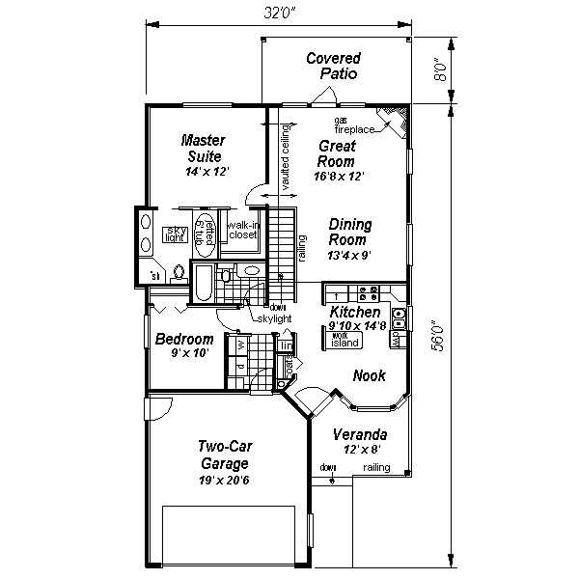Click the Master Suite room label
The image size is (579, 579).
pyautogui.click(x=204, y=148)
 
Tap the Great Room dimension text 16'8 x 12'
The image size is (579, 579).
pyautogui.click(x=337, y=178)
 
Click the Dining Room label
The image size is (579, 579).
pyautogui.click(x=348, y=232)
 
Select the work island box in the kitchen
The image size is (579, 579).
pyautogui.click(x=345, y=340)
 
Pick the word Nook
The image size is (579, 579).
pyautogui.click(x=370, y=375)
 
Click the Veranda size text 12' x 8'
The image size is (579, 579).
pyautogui.click(x=360, y=448)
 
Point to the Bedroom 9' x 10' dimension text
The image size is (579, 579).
pyautogui.click(x=183, y=353)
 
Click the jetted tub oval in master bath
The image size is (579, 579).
pyautogui.click(x=205, y=234)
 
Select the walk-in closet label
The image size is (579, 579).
pyautogui.click(x=241, y=230)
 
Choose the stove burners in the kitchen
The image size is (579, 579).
pyautogui.click(x=368, y=291)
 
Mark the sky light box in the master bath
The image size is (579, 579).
pyautogui.click(x=176, y=234)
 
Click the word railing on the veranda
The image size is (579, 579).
pyautogui.click(x=377, y=468)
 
